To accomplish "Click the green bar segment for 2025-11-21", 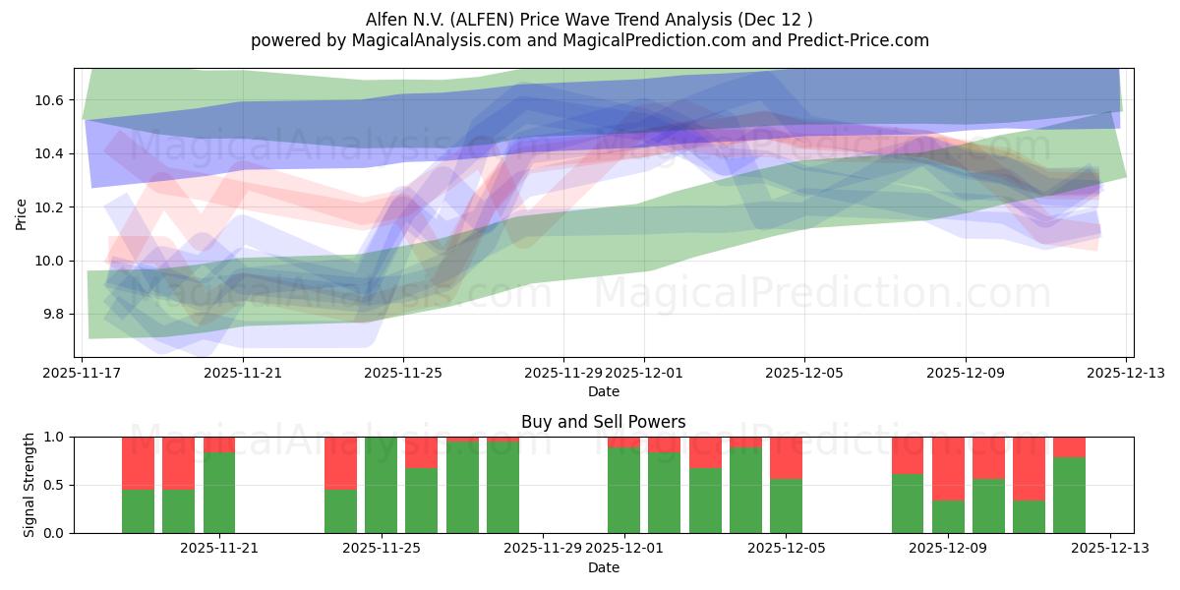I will pos(219,493).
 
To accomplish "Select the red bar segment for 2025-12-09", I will pos(948,468).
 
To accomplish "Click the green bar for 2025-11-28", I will pos(502,487).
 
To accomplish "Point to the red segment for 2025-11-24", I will pos(340,462).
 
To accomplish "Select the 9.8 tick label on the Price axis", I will pos(51,314).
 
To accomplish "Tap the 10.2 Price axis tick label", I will pos(51,207).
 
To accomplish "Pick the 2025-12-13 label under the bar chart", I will pos(1110,549).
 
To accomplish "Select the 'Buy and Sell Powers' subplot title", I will pos(603,422).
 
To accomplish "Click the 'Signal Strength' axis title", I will pos(29,485).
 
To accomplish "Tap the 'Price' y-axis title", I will pos(22,212).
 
